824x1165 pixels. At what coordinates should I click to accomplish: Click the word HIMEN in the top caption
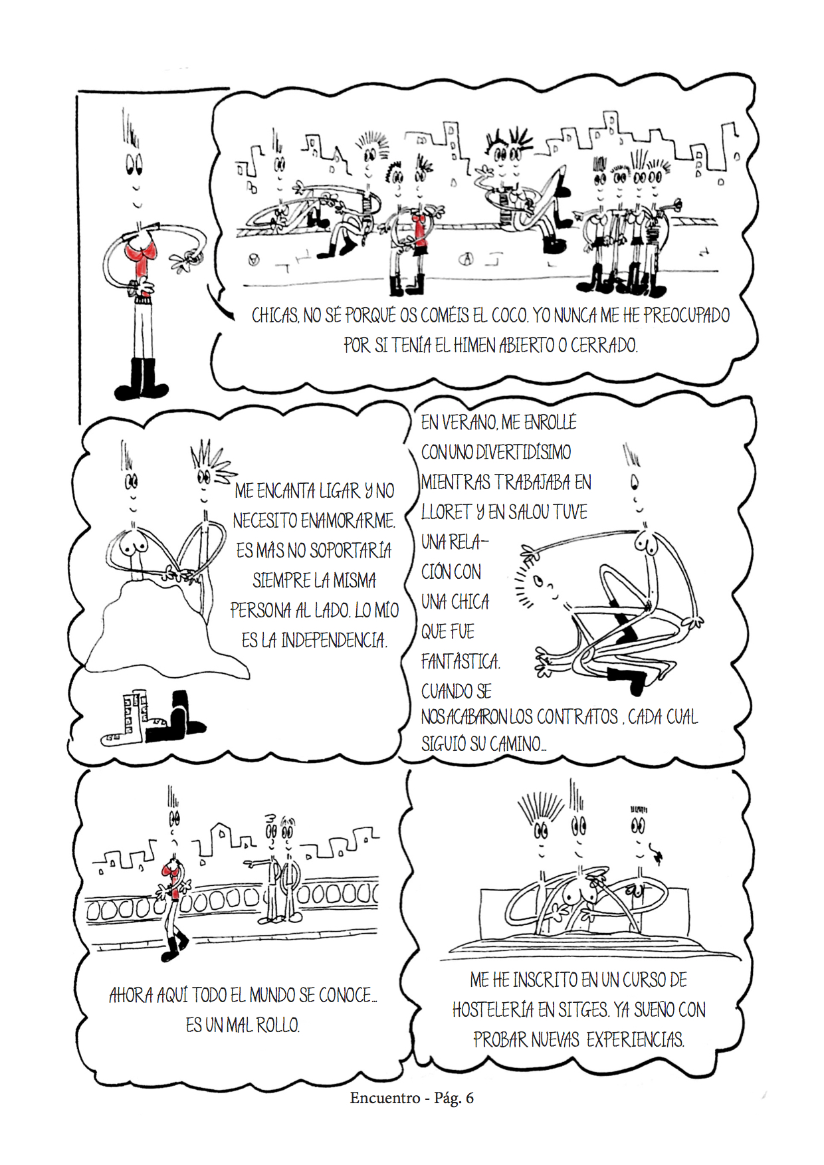coord(475,346)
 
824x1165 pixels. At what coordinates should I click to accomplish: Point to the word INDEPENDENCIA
coord(334,641)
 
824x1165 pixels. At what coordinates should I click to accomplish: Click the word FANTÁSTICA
coord(461,661)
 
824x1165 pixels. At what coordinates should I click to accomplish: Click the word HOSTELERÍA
coord(493,1010)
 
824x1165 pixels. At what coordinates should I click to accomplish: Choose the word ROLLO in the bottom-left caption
coord(278,1025)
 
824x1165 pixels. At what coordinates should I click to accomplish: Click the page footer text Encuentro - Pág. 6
coord(412,1098)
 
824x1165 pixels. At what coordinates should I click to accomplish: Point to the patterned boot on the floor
coord(128,719)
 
